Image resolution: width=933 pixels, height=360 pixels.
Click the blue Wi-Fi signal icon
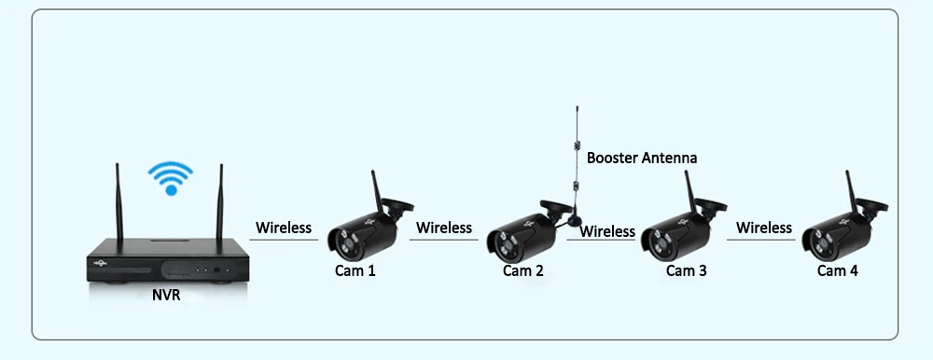click(x=170, y=178)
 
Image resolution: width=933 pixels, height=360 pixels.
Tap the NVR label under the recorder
click(x=166, y=295)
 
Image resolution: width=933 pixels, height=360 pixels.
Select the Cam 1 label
click(x=355, y=270)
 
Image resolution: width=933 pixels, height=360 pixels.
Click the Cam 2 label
click(x=523, y=270)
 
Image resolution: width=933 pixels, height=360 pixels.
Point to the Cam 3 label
click(x=687, y=270)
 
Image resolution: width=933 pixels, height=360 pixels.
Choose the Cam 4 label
click(x=838, y=270)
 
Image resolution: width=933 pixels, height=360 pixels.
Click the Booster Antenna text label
click(x=642, y=158)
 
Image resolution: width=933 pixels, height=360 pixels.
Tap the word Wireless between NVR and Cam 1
click(x=284, y=228)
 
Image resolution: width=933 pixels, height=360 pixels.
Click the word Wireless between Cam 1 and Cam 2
click(x=444, y=228)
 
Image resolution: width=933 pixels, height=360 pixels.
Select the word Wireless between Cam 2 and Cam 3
click(x=607, y=231)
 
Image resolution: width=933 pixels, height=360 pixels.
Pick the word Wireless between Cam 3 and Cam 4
click(x=764, y=228)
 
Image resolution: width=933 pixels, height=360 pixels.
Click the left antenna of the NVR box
click(x=119, y=202)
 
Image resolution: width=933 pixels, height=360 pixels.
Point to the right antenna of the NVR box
click(x=219, y=202)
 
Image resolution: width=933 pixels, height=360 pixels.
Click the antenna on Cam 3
click(x=691, y=191)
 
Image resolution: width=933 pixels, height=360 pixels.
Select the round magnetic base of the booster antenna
click(x=574, y=220)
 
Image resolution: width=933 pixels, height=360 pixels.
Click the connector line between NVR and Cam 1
click(x=284, y=240)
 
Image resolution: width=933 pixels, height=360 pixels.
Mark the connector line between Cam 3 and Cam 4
click(x=761, y=240)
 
